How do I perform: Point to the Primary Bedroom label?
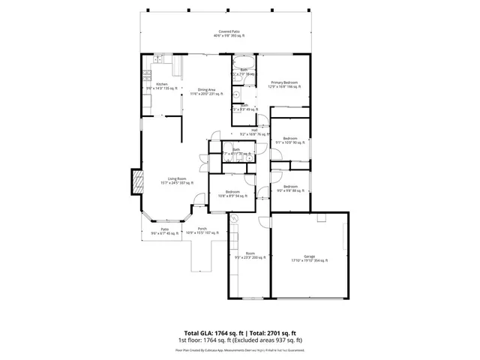(x=284, y=85)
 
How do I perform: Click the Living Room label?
(x=177, y=180)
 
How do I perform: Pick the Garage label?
(x=309, y=259)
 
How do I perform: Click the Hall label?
(x=254, y=132)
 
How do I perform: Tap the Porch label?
(x=202, y=230)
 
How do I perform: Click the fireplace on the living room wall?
(x=138, y=181)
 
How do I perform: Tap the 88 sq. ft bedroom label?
(x=289, y=187)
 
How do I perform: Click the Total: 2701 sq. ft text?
(x=272, y=333)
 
